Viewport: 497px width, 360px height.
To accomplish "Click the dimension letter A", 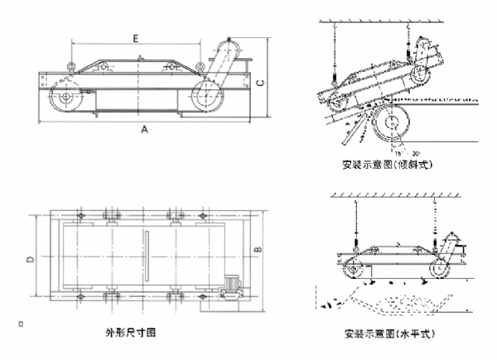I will pyautogui.click(x=146, y=129).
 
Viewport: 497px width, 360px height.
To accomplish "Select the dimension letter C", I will pyautogui.click(x=260, y=83).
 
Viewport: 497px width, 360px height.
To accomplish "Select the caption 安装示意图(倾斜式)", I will pyautogui.click(x=391, y=165).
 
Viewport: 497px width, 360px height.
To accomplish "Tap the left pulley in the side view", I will pyautogui.click(x=64, y=98).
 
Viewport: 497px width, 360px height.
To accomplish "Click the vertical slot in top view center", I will pyautogui.click(x=146, y=257).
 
